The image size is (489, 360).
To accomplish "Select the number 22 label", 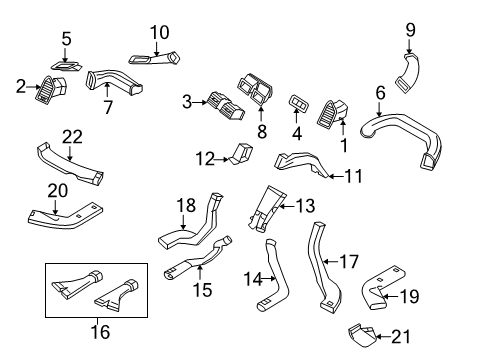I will tap(71, 137).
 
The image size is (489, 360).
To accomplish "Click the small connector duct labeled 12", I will tap(240, 152).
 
